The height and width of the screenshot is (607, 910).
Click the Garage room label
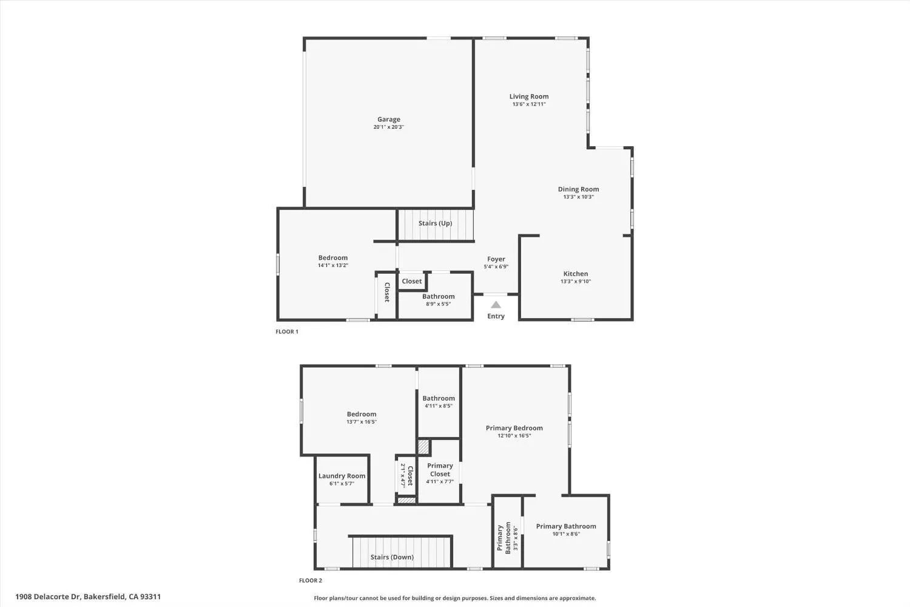(389, 120)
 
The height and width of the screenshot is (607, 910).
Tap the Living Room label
(529, 97)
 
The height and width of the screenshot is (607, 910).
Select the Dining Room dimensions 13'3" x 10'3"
(578, 197)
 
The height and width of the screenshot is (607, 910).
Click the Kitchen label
(575, 274)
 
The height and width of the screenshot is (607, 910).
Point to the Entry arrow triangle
(496, 305)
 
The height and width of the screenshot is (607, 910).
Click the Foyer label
(496, 259)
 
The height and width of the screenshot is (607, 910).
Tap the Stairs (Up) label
(435, 223)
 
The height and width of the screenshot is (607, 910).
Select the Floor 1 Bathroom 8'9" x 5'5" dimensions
(438, 304)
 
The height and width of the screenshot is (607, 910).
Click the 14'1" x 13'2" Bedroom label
(333, 258)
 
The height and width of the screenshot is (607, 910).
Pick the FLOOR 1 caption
(287, 332)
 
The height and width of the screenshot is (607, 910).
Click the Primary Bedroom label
(514, 428)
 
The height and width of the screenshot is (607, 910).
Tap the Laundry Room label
(342, 476)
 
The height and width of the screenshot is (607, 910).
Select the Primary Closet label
(440, 470)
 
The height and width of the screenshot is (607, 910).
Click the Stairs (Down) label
(392, 557)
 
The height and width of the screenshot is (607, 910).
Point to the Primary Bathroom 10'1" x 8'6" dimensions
(566, 534)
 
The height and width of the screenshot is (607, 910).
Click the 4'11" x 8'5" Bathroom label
(439, 399)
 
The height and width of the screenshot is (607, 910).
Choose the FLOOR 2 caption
(311, 581)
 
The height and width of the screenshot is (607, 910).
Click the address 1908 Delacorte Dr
(88, 597)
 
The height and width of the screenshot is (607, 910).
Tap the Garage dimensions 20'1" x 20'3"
(389, 127)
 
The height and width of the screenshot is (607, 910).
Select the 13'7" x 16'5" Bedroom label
(362, 415)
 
